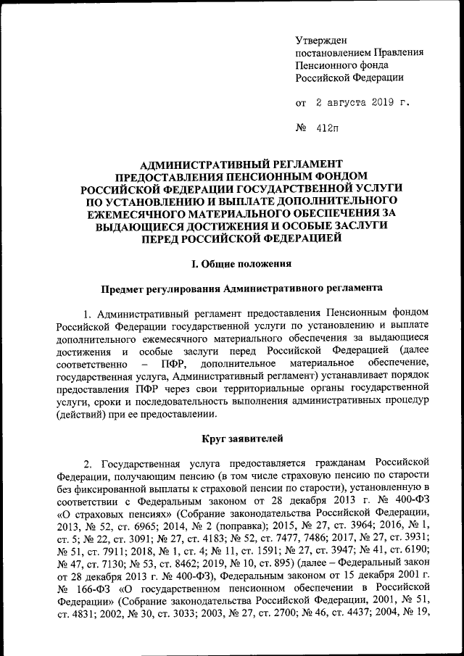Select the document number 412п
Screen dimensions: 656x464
(x=326, y=129)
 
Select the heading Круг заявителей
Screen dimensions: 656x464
(x=240, y=439)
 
